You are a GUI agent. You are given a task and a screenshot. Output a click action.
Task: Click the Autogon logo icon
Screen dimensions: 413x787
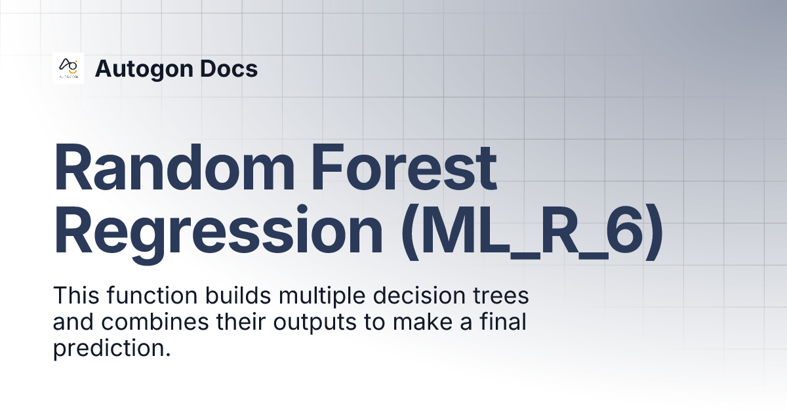(68, 68)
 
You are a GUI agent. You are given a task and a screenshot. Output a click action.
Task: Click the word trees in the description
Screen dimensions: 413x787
(502, 296)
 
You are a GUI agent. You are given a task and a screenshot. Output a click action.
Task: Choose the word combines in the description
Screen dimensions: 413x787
(154, 323)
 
